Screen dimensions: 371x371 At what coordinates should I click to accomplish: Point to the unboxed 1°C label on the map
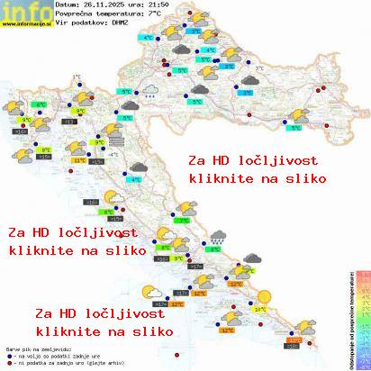[76, 77]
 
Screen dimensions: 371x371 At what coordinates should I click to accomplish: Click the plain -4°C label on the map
[114, 155]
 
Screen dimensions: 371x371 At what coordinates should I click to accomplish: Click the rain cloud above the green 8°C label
[217, 238]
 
